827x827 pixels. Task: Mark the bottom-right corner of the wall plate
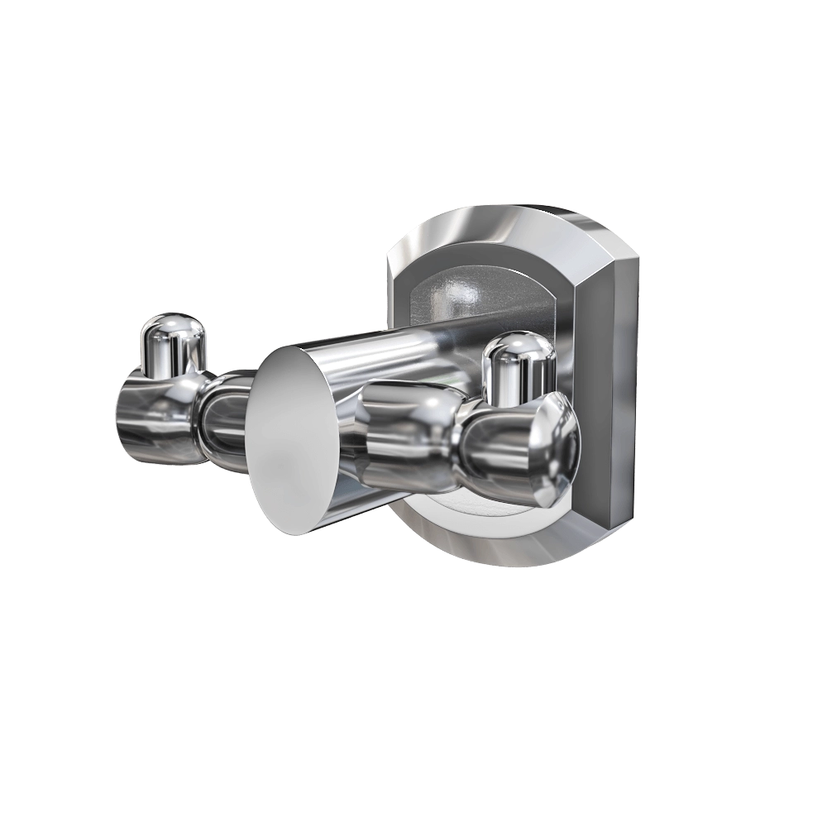pos(616,538)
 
